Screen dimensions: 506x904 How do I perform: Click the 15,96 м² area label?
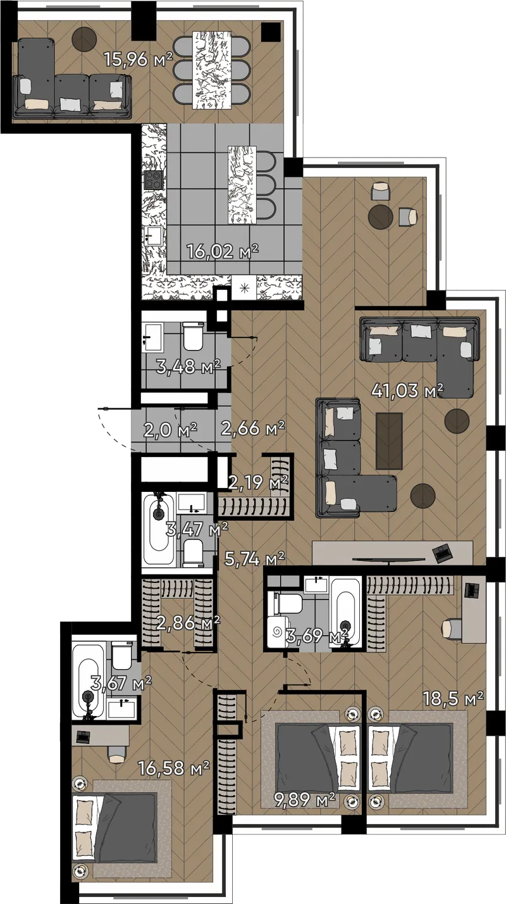[x=139, y=60]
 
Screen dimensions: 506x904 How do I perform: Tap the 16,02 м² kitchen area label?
[x=223, y=251]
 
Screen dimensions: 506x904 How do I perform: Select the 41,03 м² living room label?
[x=407, y=391]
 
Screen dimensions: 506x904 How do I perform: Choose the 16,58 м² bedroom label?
[x=174, y=768]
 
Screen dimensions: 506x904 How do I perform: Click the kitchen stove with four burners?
[x=154, y=180]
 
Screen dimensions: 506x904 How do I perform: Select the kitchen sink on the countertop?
[x=153, y=235]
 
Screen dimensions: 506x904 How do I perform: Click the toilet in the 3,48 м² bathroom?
[x=193, y=336]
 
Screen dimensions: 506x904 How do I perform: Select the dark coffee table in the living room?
[x=389, y=441]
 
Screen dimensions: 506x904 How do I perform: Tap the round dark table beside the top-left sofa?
[x=84, y=39]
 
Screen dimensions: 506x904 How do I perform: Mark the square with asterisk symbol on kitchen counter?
[x=244, y=288]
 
